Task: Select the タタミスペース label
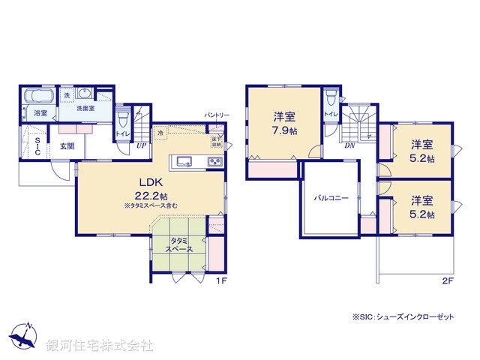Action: [178, 244]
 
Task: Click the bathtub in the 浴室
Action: [39, 97]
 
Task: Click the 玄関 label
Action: [66, 145]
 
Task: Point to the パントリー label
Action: [217, 115]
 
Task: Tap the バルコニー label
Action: [327, 197]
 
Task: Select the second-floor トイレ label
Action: [330, 114]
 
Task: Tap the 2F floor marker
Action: [448, 280]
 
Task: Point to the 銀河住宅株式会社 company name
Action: [99, 346]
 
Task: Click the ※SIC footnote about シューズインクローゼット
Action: [403, 317]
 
